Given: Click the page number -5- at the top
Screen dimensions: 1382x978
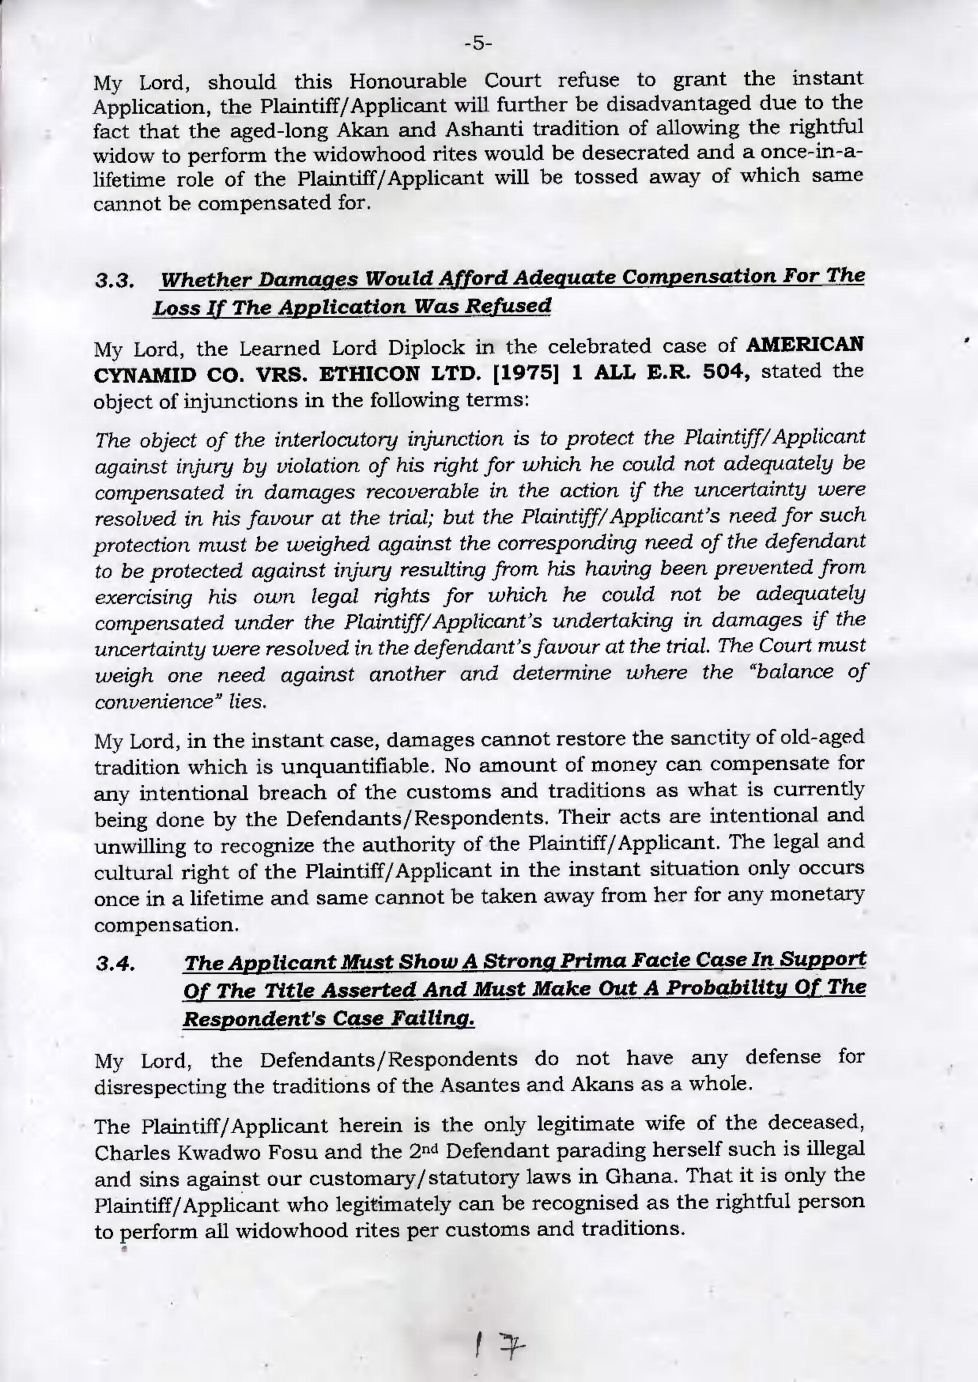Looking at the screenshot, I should (479, 44).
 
